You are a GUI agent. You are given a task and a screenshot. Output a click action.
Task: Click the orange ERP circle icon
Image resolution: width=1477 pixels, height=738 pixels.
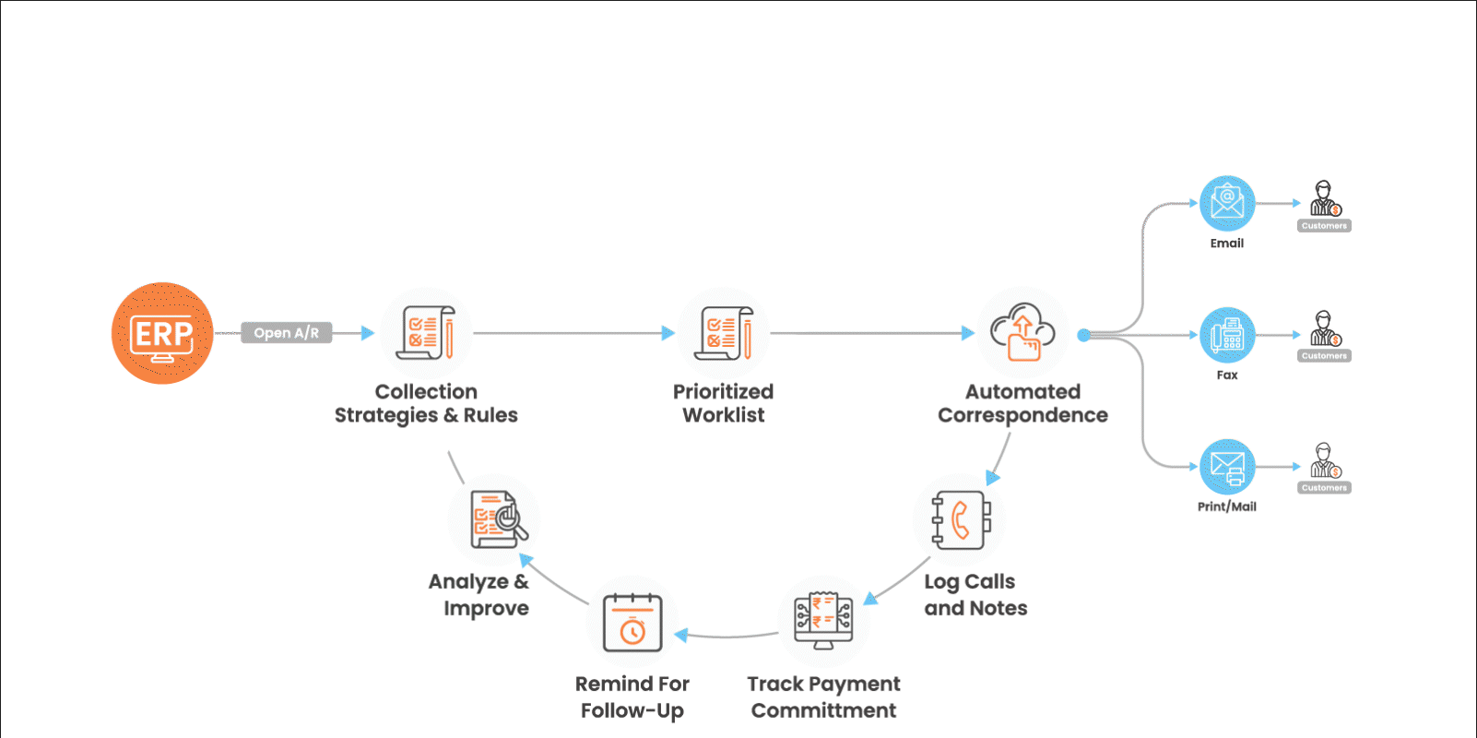[162, 333]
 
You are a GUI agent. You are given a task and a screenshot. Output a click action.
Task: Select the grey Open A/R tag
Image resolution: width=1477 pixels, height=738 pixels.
[286, 333]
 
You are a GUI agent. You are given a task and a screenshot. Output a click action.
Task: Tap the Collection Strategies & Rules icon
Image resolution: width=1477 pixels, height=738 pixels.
[426, 333]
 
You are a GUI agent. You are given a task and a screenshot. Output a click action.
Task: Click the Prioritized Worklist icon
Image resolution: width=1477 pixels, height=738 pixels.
[724, 333]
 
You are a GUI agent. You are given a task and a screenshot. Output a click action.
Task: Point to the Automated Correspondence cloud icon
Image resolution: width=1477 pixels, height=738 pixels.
[1022, 333]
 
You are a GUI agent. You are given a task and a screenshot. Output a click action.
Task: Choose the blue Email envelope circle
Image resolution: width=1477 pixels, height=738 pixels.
[1227, 203]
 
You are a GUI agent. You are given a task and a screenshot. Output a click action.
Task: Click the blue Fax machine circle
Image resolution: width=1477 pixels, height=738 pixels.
[1227, 335]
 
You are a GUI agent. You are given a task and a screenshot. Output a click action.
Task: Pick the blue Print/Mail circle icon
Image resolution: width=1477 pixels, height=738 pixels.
[1227, 467]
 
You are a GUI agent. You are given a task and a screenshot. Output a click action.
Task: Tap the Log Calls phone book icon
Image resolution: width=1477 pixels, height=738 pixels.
[960, 520]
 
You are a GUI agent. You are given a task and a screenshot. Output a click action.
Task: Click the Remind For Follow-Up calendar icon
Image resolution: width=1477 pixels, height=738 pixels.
[632, 623]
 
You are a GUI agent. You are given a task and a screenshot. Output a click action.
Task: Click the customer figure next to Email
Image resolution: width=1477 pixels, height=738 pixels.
[1325, 198]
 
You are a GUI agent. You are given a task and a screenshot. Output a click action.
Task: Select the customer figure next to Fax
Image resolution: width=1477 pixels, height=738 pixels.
[1325, 328]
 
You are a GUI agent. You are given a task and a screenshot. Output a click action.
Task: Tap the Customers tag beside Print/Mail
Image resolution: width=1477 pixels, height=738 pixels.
[1325, 488]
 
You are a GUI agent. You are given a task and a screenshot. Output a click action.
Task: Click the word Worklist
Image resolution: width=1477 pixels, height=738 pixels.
[724, 415]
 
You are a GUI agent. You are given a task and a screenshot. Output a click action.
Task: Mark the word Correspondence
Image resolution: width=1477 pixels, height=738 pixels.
[1022, 415]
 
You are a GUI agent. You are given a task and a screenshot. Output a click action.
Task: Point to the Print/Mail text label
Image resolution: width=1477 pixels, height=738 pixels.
[1227, 506]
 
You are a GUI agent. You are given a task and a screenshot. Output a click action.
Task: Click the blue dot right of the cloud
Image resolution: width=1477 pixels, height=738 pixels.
[1083, 335]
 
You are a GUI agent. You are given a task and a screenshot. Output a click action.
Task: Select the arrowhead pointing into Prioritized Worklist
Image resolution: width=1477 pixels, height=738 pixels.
[668, 333]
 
